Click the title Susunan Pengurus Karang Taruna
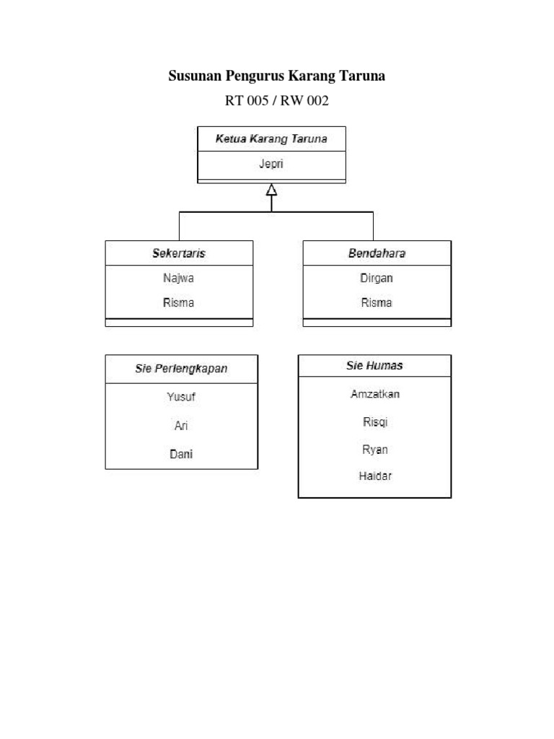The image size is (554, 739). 277,76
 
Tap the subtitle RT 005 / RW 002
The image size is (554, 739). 277,101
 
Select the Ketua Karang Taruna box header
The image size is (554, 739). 271,139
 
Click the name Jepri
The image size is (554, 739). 271,163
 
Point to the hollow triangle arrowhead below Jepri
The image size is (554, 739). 271,190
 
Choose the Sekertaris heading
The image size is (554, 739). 179,253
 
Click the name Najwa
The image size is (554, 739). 179,278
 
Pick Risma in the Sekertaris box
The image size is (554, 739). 179,302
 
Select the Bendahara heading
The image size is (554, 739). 377,253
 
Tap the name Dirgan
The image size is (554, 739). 377,278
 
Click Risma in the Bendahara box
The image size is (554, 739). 377,302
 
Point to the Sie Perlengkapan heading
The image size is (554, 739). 181,368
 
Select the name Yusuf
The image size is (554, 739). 181,396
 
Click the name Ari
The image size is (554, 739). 181,426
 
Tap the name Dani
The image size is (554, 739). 181,454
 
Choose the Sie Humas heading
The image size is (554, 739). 374,366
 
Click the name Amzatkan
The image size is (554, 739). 374,394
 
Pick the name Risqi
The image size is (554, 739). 374,421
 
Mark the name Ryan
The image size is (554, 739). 374,449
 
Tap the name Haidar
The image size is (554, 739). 374,476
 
